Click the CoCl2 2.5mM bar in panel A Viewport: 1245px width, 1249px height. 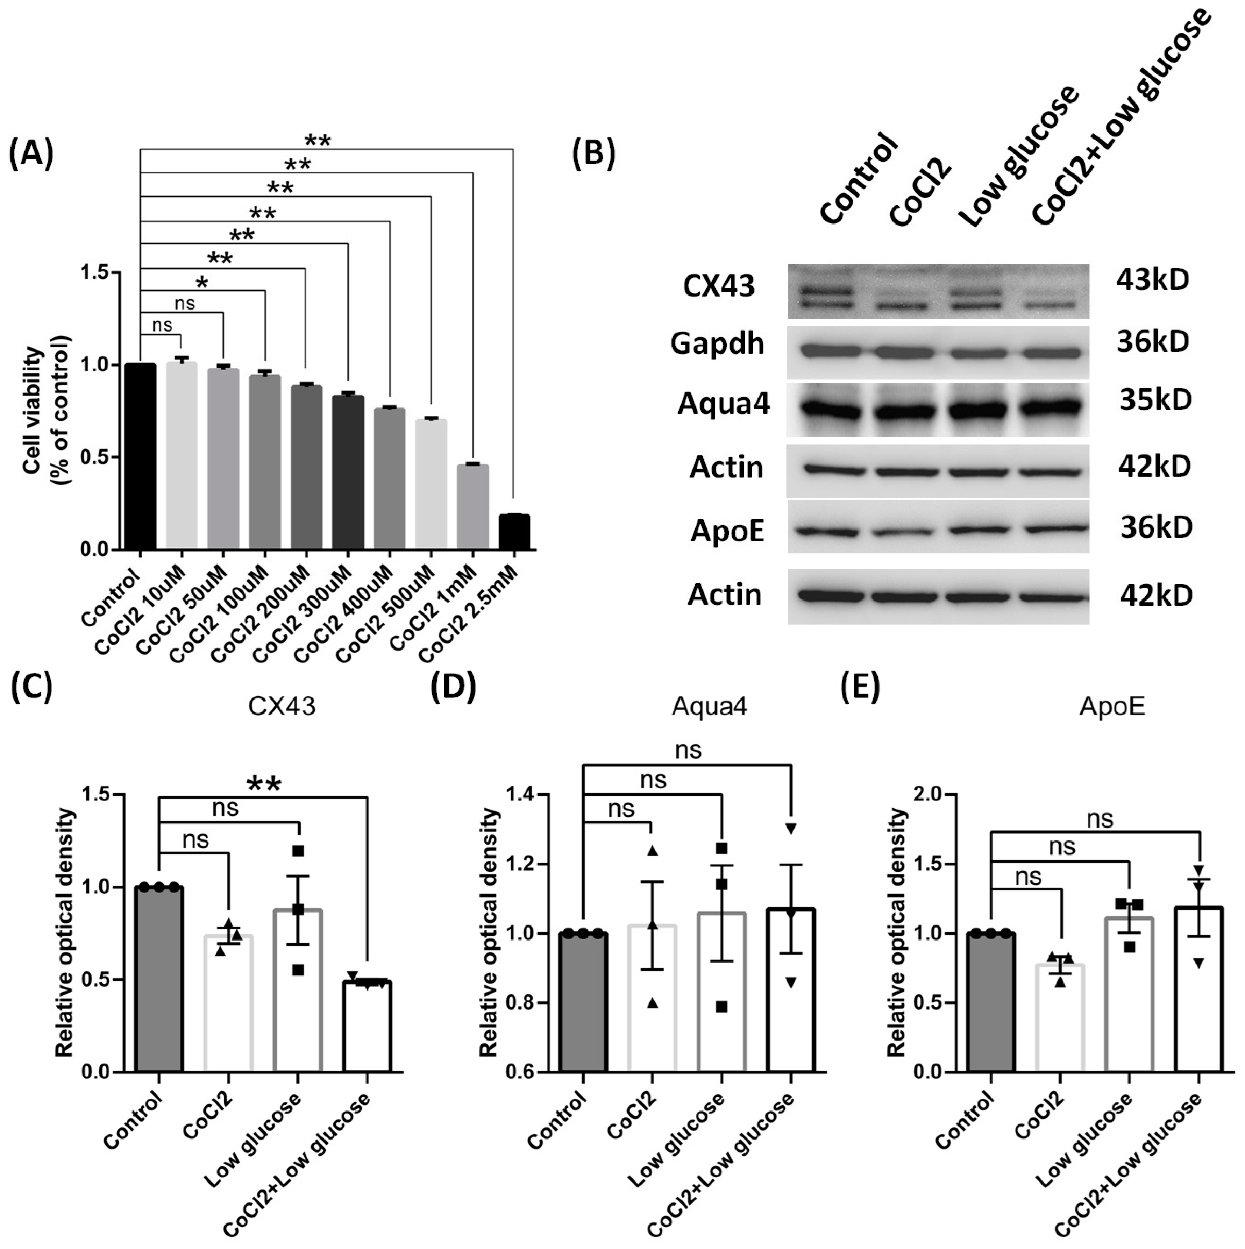pos(514,532)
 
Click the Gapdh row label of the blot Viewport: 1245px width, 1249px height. pos(717,343)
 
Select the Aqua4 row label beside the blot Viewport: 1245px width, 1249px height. pos(723,404)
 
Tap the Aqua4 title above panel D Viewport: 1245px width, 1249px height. pos(709,707)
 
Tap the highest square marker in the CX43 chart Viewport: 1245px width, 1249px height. pos(297,851)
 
